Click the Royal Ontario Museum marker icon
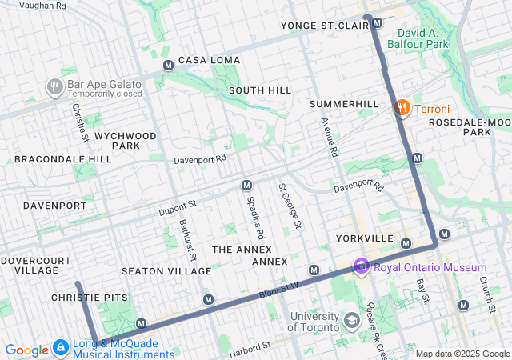pyautogui.click(x=361, y=266)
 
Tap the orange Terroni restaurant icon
pyautogui.click(x=402, y=108)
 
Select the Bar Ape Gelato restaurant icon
pyautogui.click(x=54, y=86)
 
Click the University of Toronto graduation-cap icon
pyautogui.click(x=350, y=321)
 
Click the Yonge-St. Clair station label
pyautogui.click(x=323, y=26)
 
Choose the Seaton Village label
pyautogui.click(x=166, y=271)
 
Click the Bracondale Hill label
pyautogui.click(x=63, y=159)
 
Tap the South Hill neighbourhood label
pyautogui.click(x=260, y=90)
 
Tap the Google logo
pyautogui.click(x=26, y=350)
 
